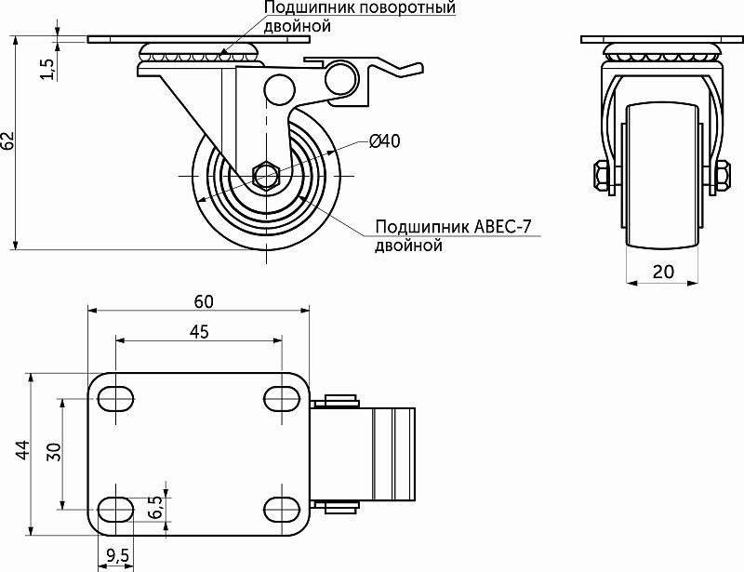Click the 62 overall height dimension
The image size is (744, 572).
click(x=8, y=141)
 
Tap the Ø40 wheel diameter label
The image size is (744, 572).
click(x=384, y=141)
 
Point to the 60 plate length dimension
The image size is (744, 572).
click(x=204, y=300)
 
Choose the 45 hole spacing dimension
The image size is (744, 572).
click(x=198, y=331)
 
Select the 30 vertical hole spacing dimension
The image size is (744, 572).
click(x=54, y=452)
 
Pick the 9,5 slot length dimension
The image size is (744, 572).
click(x=118, y=555)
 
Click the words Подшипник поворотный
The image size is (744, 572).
click(x=359, y=9)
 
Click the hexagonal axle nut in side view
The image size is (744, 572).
click(x=265, y=175)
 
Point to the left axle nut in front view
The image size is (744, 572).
click(x=600, y=176)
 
